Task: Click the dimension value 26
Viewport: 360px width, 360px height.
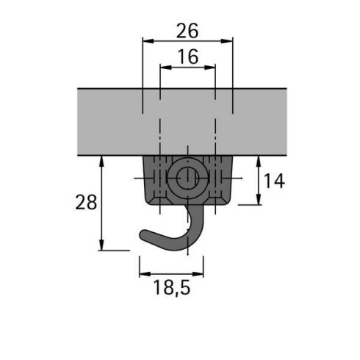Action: (187, 32)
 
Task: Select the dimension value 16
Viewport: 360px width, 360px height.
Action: (187, 57)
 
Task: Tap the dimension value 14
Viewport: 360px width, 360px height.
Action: (274, 181)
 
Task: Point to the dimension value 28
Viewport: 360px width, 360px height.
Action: (86, 203)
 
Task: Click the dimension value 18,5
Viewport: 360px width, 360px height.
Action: (172, 289)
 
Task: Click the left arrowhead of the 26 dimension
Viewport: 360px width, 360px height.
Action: (145, 42)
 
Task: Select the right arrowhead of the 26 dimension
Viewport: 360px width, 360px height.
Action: (228, 42)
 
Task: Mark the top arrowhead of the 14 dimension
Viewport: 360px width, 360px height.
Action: (259, 161)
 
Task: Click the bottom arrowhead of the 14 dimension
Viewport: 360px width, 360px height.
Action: (259, 201)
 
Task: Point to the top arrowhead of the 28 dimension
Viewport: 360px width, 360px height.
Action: (101, 161)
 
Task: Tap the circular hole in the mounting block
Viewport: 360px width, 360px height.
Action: (187, 177)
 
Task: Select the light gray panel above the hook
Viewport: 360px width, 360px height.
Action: (110, 122)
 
